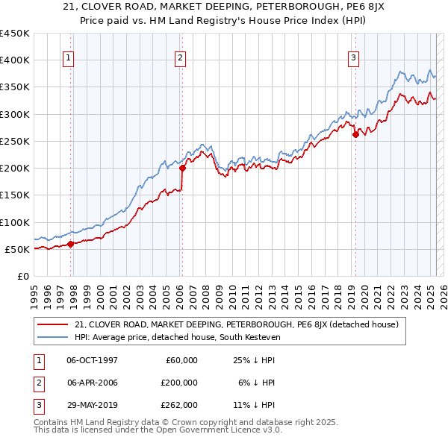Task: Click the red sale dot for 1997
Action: coord(70,244)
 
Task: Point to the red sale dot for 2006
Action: coord(182,168)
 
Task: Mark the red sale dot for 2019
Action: coord(355,134)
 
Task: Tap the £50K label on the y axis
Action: coord(17,249)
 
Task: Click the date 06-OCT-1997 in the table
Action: coord(93,360)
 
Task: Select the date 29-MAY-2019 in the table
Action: coord(93,405)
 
